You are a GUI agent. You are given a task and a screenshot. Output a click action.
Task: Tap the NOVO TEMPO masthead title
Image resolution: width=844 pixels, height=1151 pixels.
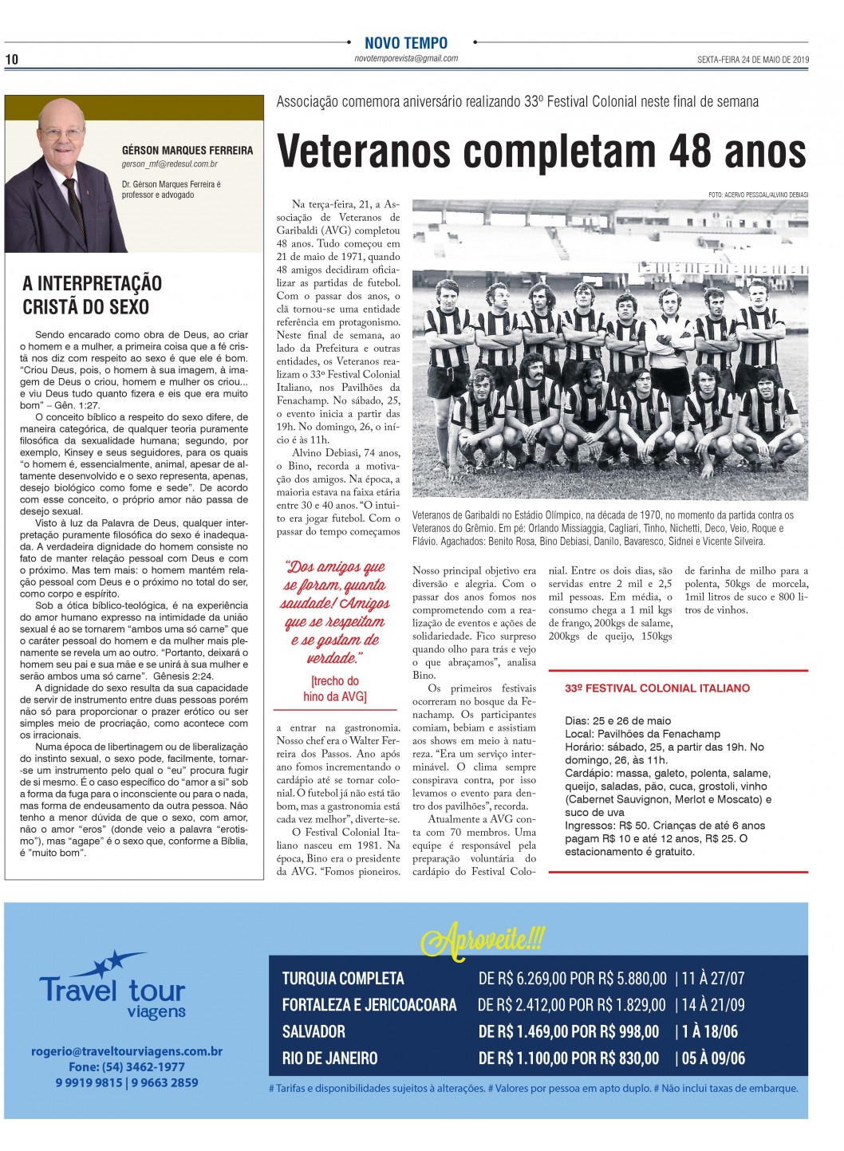[x=406, y=43]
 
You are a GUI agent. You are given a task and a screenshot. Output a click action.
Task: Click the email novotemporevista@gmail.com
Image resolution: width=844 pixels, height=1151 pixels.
[x=406, y=58]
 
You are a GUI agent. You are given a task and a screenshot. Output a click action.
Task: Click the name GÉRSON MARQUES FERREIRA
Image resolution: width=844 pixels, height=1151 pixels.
[x=187, y=150]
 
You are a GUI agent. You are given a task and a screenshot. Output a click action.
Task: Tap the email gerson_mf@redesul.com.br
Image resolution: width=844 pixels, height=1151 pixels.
[x=170, y=164]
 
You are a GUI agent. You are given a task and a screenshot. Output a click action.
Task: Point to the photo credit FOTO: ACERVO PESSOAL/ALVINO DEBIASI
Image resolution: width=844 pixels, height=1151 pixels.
[x=758, y=195]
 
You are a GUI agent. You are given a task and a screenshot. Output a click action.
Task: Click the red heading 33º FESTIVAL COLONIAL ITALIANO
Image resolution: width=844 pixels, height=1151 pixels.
[x=657, y=688]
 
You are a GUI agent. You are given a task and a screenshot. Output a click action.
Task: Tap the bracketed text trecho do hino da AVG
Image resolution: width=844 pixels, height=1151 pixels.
[x=335, y=689]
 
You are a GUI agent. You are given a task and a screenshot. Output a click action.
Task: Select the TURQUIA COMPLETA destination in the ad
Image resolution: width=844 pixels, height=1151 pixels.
[x=343, y=979]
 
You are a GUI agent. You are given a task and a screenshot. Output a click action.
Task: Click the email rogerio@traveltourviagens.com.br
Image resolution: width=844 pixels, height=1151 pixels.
[x=127, y=1051]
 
